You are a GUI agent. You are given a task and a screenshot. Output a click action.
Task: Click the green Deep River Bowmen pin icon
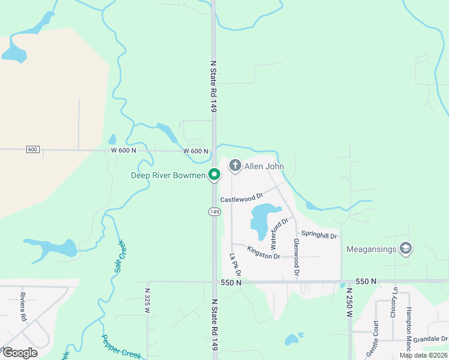214,175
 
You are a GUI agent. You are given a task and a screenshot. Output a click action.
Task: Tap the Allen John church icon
235,166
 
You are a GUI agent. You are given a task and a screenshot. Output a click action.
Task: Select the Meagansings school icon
405,248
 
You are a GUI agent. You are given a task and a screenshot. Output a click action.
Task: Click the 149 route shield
214,212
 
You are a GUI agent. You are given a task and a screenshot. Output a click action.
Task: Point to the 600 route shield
32,149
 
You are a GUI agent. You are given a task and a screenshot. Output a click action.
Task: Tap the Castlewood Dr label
241,197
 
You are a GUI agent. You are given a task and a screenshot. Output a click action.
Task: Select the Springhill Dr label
319,233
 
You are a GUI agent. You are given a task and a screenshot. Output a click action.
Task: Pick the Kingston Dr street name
264,253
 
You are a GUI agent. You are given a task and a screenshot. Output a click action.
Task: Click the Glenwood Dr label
296,256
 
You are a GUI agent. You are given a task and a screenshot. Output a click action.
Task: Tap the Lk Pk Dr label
234,264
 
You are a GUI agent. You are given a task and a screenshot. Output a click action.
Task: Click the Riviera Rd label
23,306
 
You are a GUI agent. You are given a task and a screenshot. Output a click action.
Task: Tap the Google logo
20,353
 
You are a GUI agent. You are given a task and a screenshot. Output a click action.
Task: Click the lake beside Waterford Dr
263,219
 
